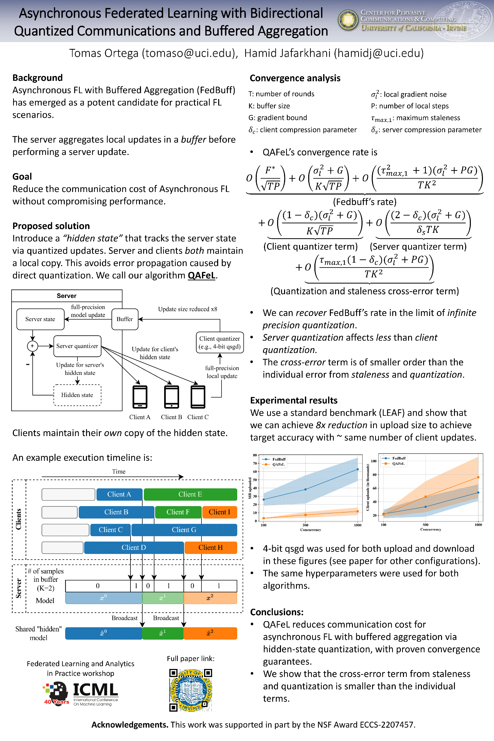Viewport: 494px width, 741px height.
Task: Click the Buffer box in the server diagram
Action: (x=125, y=319)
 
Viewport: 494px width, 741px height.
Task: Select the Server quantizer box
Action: (x=77, y=346)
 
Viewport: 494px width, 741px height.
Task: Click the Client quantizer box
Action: (x=219, y=342)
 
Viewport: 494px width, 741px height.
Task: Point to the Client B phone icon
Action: (x=171, y=397)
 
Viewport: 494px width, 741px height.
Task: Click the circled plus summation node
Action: (x=32, y=346)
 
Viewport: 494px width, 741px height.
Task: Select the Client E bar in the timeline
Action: (x=190, y=494)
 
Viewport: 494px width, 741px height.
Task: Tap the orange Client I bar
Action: (x=219, y=512)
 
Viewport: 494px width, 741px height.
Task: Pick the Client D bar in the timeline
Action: (x=134, y=547)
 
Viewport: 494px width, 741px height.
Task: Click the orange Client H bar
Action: (x=210, y=547)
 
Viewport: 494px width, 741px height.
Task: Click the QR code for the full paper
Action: (x=191, y=690)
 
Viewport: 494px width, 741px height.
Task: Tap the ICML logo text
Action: (x=95, y=690)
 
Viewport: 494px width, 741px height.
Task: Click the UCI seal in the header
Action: (x=348, y=20)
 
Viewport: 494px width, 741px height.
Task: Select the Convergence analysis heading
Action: (x=295, y=78)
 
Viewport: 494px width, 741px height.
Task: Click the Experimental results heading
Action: (x=294, y=400)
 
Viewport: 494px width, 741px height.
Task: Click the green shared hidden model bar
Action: (x=163, y=633)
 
